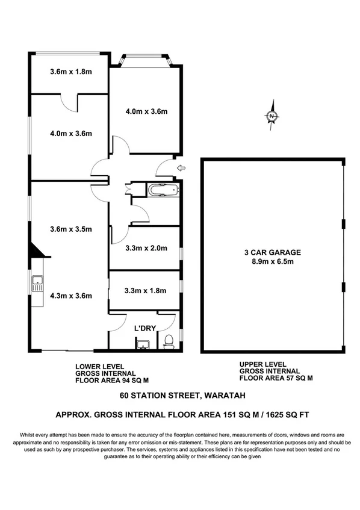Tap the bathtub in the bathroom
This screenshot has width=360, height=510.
163,191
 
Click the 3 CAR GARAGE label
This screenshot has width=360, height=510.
273,253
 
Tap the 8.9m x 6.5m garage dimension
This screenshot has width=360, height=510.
273,262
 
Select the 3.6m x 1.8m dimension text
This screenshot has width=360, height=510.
70,72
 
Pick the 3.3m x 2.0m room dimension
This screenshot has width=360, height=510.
145,247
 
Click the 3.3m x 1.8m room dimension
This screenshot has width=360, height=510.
145,291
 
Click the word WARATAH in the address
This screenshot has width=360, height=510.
216,396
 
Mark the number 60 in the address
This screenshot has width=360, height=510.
125,396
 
